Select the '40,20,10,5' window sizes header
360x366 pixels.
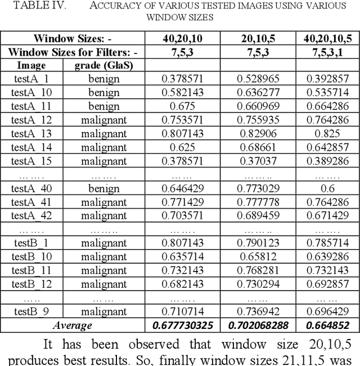[327, 39]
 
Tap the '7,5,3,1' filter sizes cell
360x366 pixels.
[327, 52]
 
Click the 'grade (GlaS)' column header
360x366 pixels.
[104, 65]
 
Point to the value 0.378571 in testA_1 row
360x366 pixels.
[182, 79]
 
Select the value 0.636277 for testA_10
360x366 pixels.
[258, 92]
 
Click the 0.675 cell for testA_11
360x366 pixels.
[182, 106]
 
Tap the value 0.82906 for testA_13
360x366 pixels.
[258, 133]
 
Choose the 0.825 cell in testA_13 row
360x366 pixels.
[327, 133]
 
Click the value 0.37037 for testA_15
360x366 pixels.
[258, 160]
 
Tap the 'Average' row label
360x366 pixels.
[72, 325]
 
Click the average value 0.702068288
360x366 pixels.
[258, 325]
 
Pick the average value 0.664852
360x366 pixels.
[327, 325]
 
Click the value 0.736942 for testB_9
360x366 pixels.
[258, 311]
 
